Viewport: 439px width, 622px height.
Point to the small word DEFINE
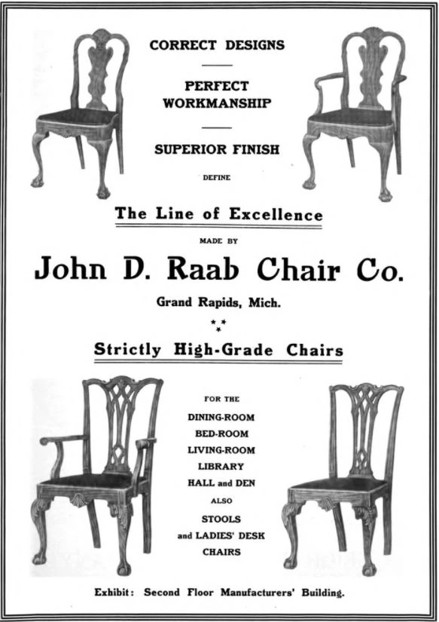coord(217,179)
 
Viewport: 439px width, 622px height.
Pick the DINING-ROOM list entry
coord(221,416)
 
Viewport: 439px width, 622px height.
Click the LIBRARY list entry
coord(220,467)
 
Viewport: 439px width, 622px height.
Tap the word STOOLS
coord(220,519)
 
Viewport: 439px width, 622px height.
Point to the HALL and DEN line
coord(220,483)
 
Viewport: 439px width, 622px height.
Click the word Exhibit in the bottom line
coord(114,593)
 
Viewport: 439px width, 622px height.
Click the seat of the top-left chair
coord(75,117)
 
